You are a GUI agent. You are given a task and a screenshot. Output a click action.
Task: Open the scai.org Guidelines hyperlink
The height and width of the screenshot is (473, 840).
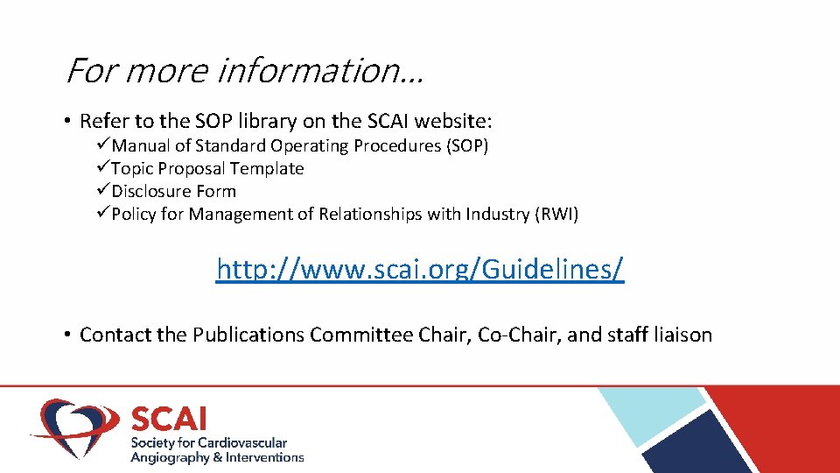tap(420, 270)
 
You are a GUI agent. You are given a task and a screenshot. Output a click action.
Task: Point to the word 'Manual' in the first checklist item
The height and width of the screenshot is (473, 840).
tap(139, 145)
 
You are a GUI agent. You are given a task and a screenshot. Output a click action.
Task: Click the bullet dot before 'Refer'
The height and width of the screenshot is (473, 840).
tap(67, 121)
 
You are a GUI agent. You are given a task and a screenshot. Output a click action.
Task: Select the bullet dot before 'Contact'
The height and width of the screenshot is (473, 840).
tap(67, 335)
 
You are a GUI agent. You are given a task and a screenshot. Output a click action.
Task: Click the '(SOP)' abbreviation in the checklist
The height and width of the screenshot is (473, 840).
tap(467, 145)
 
